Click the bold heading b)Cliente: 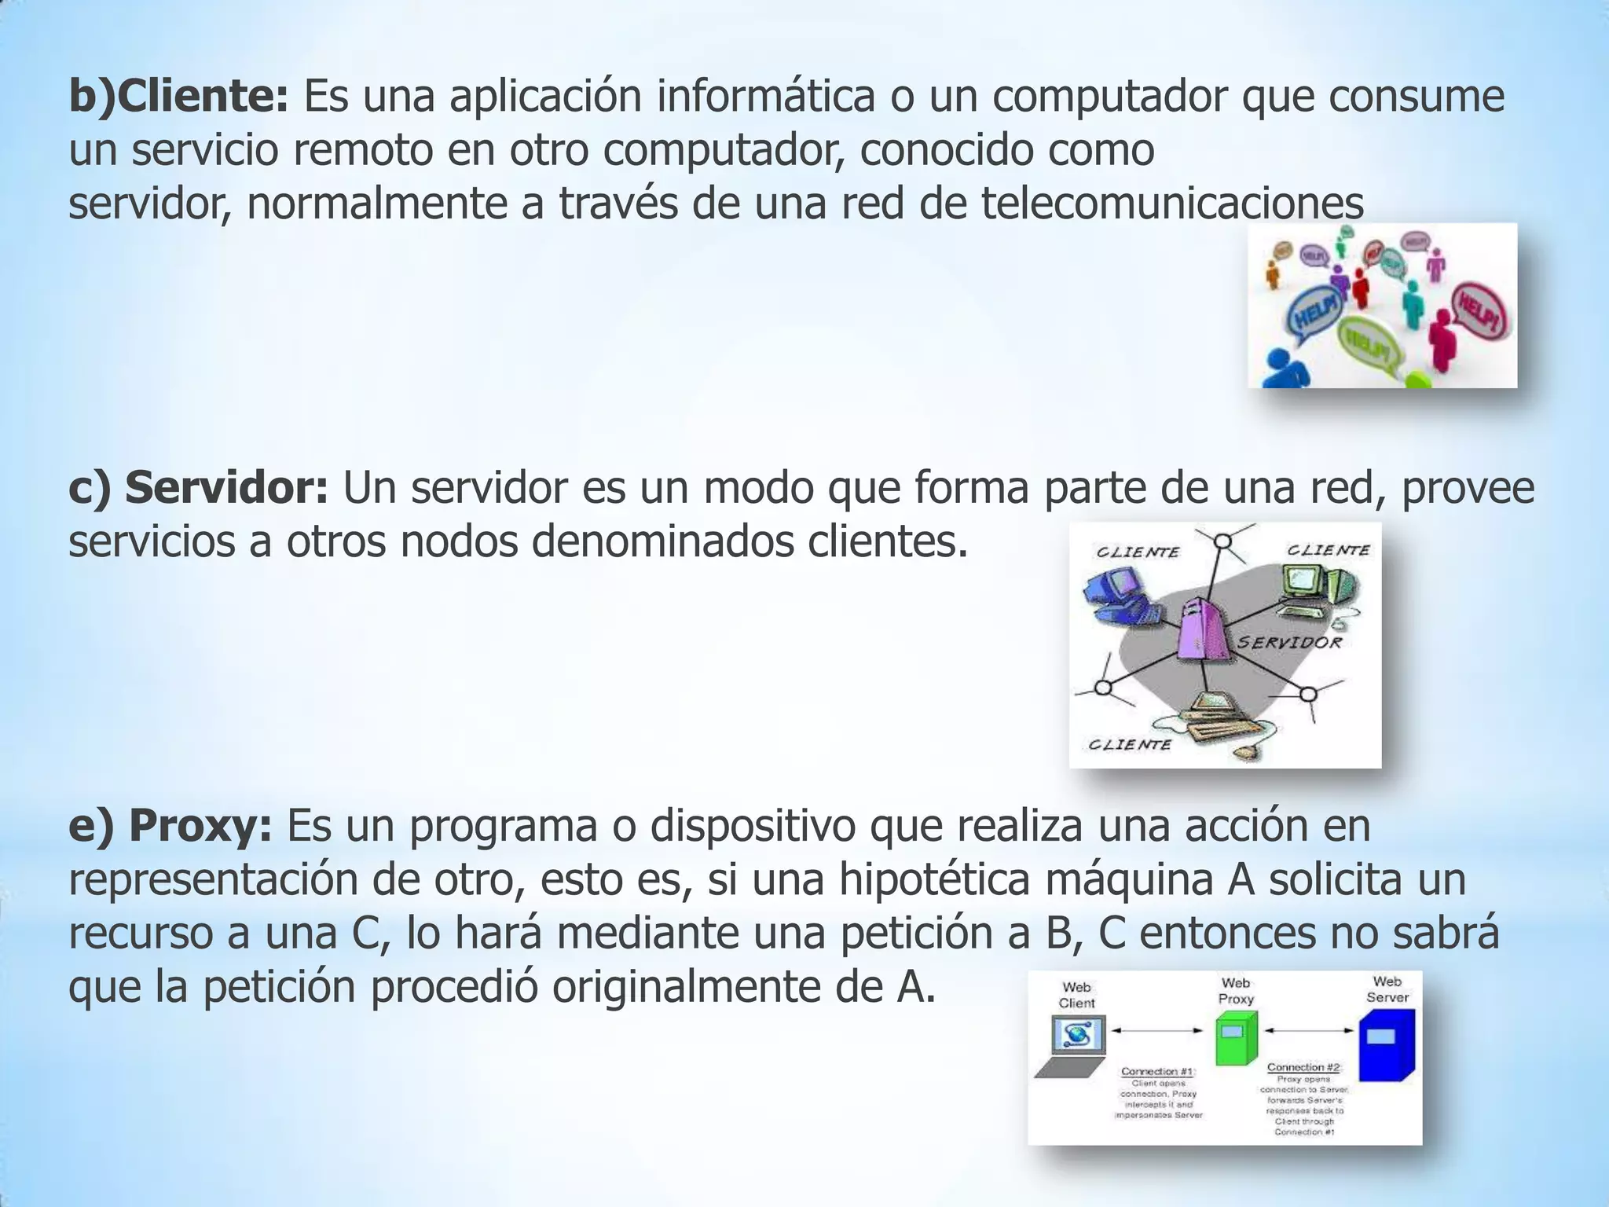[x=178, y=97]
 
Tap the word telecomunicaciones [x=1172, y=204]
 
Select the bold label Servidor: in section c [x=225, y=488]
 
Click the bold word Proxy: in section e [x=200, y=826]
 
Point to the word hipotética [x=934, y=879]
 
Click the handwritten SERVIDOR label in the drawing [x=1289, y=643]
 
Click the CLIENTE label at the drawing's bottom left [x=1129, y=744]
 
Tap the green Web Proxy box [x=1236, y=1038]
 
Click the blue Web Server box [x=1386, y=1044]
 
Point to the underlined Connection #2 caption [x=1303, y=1067]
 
